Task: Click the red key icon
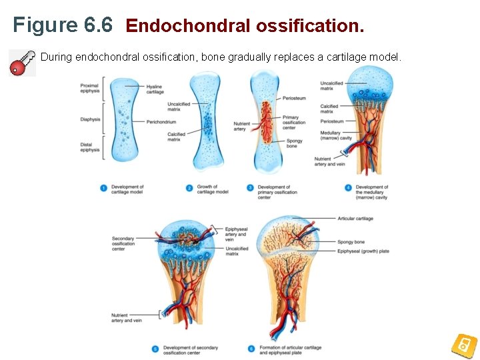coord(22,62)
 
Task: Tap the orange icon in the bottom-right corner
coord(463,345)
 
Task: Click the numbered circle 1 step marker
coord(103,189)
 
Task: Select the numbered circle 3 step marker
coord(250,189)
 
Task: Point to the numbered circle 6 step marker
coord(251,348)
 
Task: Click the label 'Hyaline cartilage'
coord(155,89)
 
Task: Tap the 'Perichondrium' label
coord(161,122)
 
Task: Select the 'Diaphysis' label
coord(89,119)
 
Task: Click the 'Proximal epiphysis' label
coord(89,89)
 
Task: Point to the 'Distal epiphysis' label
coord(89,147)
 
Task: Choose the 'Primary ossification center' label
coord(294,122)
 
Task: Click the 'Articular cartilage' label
coord(355,218)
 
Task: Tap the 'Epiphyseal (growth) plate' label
coord(363,251)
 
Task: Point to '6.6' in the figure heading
coord(99,25)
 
